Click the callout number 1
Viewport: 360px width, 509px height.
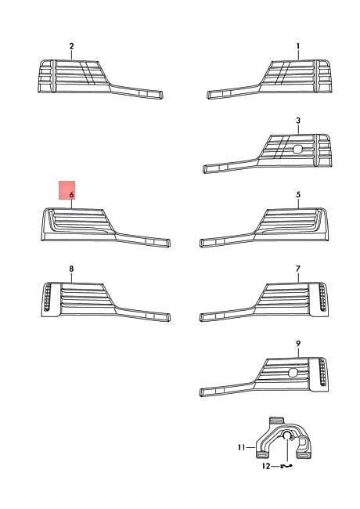tap(298, 46)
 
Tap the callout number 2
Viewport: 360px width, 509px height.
tap(71, 46)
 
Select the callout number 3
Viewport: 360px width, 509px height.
tap(298, 121)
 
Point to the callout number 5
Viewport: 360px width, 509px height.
tap(298, 195)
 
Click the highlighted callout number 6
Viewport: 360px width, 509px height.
tap(71, 195)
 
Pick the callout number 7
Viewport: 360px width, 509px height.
tap(298, 269)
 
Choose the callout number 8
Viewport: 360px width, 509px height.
tap(71, 269)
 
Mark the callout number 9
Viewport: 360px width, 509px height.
tap(298, 343)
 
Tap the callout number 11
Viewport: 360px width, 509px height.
tap(241, 448)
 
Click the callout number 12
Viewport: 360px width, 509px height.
tap(266, 466)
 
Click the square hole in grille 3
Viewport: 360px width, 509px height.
tap(297, 149)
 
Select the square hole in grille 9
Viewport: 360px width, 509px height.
tap(293, 373)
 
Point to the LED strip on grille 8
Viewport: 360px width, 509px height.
tap(48, 297)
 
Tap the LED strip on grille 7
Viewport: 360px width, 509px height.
tap(322, 297)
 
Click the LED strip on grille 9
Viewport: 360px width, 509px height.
tap(322, 372)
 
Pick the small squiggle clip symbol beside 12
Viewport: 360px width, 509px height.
tap(286, 466)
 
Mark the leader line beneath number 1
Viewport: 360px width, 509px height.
tap(298, 55)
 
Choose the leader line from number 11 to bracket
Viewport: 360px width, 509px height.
tap(250, 448)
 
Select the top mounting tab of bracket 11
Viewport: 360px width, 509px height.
tap(276, 421)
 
